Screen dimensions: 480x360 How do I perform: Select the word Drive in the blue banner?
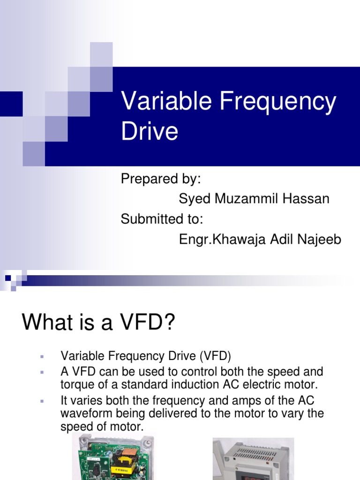coord(150,131)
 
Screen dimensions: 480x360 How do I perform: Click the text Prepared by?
coord(161,179)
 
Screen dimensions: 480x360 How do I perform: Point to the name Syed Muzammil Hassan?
coord(254,199)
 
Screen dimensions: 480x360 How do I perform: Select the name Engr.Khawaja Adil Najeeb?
coord(260,239)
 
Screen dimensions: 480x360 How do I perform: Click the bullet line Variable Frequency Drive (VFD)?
coord(146,356)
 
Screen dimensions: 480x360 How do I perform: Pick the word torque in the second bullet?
coord(76,385)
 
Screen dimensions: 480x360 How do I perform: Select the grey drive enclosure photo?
coord(253,459)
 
